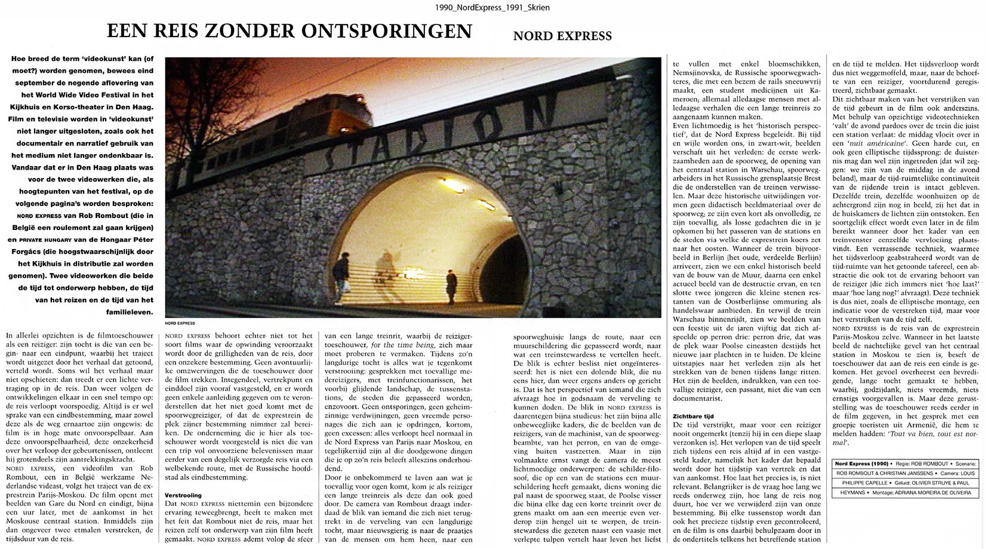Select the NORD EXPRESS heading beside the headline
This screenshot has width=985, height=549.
562,36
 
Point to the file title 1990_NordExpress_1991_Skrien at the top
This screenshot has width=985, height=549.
492,7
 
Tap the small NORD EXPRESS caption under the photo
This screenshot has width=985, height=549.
180,323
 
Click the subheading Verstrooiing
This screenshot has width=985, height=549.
183,495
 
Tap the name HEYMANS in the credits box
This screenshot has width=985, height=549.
852,493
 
